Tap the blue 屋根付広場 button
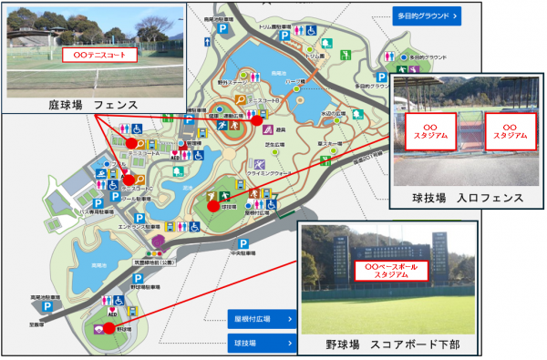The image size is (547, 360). click(262, 319)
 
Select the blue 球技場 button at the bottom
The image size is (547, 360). click(262, 344)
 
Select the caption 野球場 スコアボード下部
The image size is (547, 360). click(393, 345)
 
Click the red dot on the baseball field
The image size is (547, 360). click(109, 327)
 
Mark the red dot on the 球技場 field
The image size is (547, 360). click(213, 206)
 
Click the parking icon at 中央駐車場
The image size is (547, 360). click(243, 244)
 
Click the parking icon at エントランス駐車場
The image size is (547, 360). click(140, 220)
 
